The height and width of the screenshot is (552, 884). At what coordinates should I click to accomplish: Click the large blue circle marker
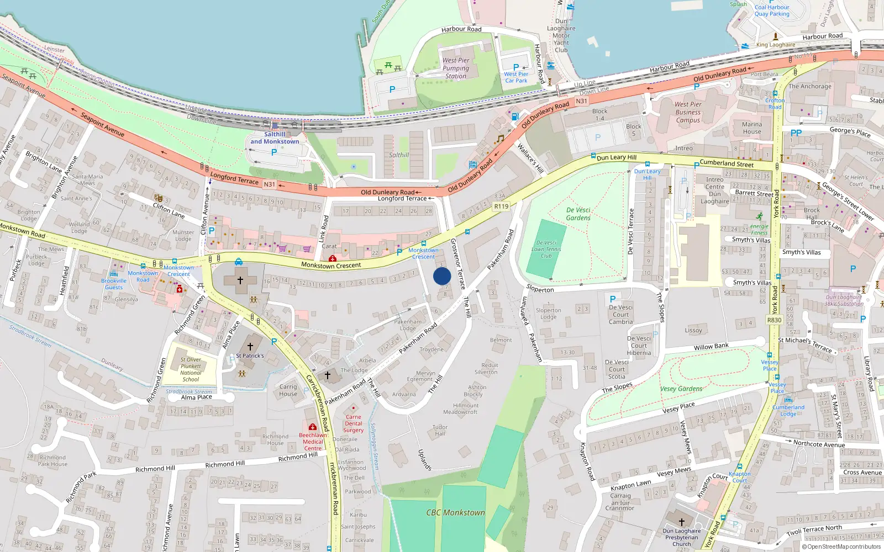coord(442,276)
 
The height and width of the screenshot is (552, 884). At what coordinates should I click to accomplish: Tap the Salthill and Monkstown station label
coord(275,138)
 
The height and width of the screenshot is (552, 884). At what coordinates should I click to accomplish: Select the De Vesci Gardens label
coord(578,214)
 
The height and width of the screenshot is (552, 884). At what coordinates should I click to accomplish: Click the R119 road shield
coord(501,206)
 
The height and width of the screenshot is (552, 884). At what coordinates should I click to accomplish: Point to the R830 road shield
coord(774,320)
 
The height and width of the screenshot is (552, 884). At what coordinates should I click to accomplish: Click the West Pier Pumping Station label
coord(456,68)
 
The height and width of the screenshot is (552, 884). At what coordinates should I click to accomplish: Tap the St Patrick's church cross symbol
coord(250,347)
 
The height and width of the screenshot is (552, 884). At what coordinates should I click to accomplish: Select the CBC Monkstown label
coord(455,512)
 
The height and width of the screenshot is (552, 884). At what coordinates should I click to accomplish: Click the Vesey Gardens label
coord(681,389)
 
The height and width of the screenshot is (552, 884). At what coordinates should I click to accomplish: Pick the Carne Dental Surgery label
coord(353,424)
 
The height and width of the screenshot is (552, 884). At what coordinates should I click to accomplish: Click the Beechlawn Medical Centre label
coord(313,442)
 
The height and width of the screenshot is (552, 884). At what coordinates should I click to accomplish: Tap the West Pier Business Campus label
coord(688,112)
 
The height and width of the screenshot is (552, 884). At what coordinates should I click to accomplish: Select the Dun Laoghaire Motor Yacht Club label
coord(561,35)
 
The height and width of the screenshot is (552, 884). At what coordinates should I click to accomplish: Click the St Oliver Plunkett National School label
coord(191,369)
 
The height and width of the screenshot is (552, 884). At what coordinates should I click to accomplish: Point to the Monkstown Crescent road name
coord(331,266)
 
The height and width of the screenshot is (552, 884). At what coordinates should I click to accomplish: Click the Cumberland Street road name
coord(727,163)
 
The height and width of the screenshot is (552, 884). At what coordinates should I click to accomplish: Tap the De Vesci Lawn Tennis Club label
coord(546,250)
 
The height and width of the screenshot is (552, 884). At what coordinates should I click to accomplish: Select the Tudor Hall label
coord(440,431)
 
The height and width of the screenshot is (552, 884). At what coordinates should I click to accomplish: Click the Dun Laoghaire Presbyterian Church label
coord(682,537)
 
